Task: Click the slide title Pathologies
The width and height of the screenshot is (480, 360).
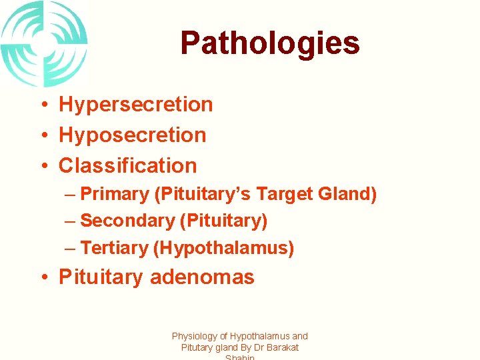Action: (x=269, y=43)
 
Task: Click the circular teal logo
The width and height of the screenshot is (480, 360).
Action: (x=44, y=43)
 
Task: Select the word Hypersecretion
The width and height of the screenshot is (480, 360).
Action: (x=136, y=105)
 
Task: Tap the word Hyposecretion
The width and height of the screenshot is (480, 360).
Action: (x=133, y=135)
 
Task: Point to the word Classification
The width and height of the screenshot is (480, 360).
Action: (x=128, y=165)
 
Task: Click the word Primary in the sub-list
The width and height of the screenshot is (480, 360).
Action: (x=114, y=195)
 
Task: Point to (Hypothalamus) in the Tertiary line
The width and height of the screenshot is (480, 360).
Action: (x=223, y=248)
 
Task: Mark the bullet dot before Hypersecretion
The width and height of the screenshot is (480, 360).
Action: (x=42, y=105)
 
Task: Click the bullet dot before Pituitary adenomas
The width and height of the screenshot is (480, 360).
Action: (x=42, y=278)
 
